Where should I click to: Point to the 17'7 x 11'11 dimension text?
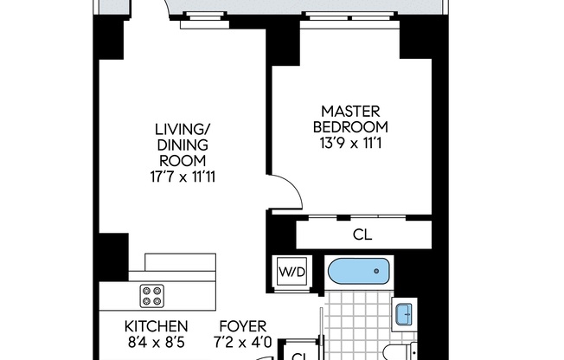pyautogui.click(x=182, y=176)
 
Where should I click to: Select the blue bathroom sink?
pyautogui.click(x=403, y=313)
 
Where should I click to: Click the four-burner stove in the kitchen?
pyautogui.click(x=153, y=297)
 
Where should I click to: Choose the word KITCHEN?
pyautogui.click(x=157, y=326)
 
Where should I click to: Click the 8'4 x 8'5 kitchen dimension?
pyautogui.click(x=157, y=342)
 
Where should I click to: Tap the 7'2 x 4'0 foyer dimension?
pyautogui.click(x=246, y=342)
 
